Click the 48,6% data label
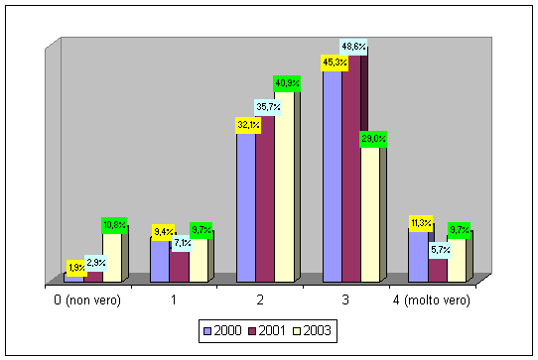point(353,47)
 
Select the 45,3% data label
point(335,62)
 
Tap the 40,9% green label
point(287,83)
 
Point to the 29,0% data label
point(373,139)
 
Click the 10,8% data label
point(114,225)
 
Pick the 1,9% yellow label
point(76,268)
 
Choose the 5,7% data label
point(441,250)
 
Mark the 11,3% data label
point(421,223)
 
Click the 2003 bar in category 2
point(284,186)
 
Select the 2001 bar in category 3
point(351,169)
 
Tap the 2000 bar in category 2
point(245,208)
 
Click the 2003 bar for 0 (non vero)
point(112,258)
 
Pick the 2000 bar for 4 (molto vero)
point(418,257)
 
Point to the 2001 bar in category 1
point(179,267)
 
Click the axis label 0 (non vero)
point(87,300)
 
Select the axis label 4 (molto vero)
point(431,300)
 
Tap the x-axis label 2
point(260,300)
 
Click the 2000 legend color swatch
point(207,331)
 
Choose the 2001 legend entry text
point(271,331)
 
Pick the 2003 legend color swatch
point(297,331)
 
